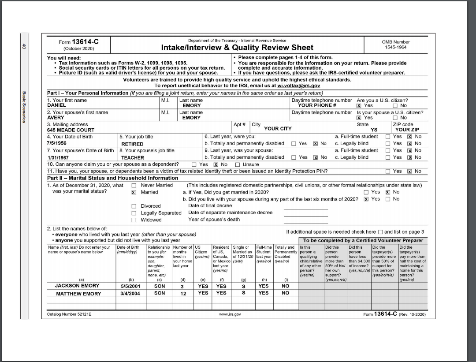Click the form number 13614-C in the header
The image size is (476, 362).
pos(85,42)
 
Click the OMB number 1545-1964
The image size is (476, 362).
pos(395,47)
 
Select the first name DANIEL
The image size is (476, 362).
pos(56,106)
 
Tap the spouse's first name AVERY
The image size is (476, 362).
pos(56,118)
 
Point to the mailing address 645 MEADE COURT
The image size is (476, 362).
pos(71,130)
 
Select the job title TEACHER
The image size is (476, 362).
pos(132,157)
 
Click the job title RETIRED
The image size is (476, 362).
pos(132,144)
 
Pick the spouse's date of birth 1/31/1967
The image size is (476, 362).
pos(59,157)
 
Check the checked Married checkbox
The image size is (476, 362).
pos(134,193)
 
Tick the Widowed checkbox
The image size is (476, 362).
pos(134,220)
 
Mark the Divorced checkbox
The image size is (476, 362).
pos(134,206)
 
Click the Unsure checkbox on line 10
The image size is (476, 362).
pos(238,164)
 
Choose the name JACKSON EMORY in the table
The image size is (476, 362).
pos(77,286)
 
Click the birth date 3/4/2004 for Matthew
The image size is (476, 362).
pos(130,293)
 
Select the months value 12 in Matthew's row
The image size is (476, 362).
pos(182,293)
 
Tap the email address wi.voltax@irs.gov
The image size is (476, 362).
pos(298,86)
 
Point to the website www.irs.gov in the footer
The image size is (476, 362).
pos(230,314)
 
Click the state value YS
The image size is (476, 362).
pos(374,130)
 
